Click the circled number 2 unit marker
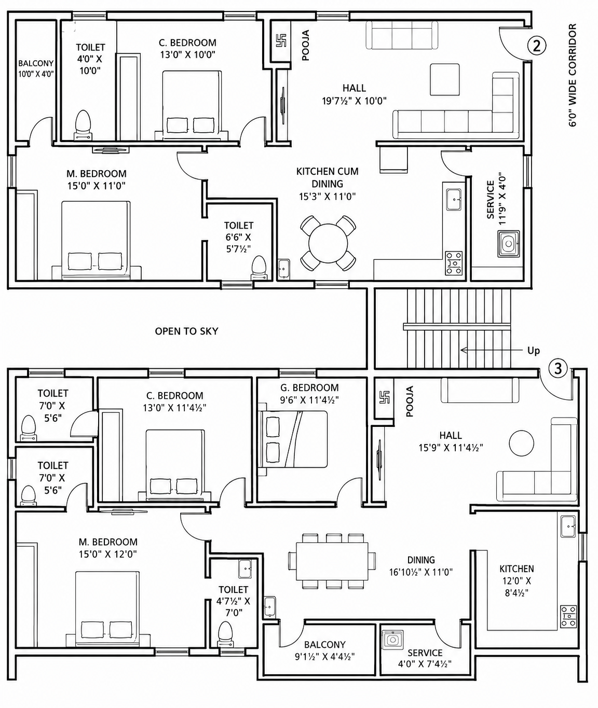(537, 46)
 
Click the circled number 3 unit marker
(558, 369)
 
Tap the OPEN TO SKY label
(186, 331)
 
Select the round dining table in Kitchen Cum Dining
(328, 243)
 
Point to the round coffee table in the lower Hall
(522, 443)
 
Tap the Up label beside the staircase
(533, 351)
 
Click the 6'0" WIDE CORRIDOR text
(573, 75)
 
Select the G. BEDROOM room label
(309, 387)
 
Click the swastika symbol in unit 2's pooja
(281, 40)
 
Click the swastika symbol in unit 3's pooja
(385, 397)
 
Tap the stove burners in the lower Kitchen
(568, 616)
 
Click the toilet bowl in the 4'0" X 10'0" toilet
(83, 124)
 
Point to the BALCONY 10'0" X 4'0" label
(36, 68)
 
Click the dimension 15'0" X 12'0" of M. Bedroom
(108, 554)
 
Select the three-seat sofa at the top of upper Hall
(402, 35)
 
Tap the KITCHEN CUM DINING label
(327, 178)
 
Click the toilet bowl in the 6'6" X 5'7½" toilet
(259, 268)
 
